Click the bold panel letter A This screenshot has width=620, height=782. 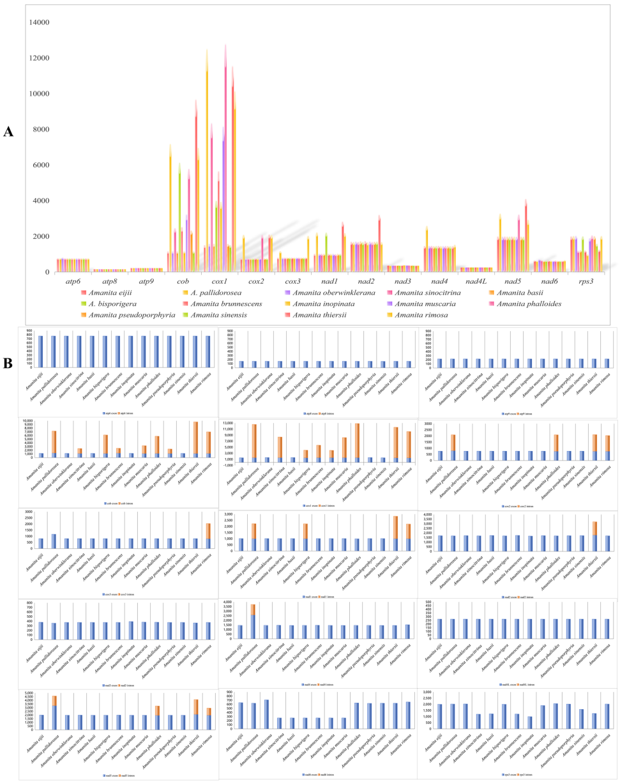tap(9, 132)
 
